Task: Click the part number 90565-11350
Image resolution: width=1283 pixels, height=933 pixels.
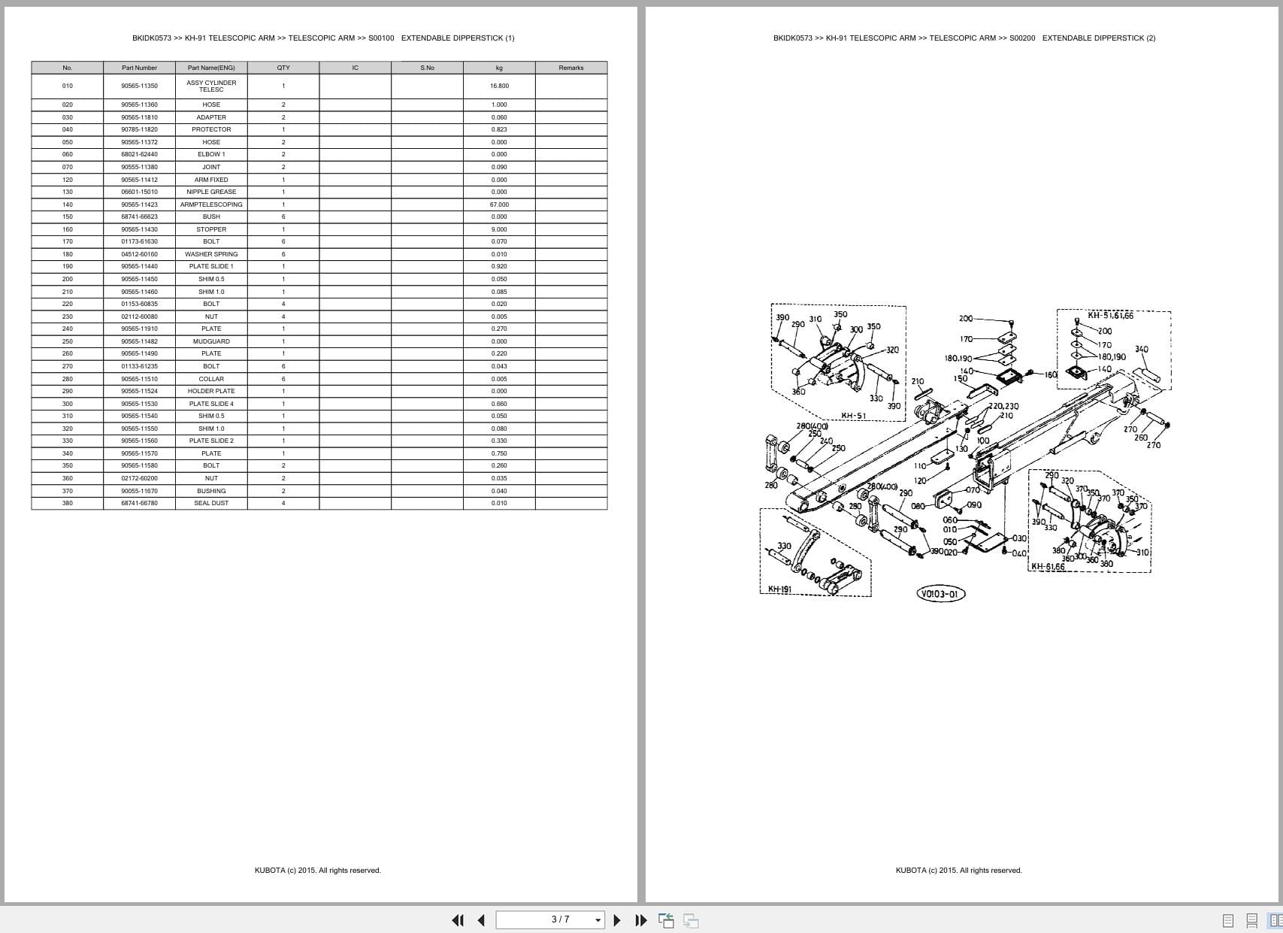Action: pos(139,86)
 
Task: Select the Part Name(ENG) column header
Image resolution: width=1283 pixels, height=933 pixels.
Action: pos(211,68)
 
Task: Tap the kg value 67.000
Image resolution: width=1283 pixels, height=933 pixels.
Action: pos(499,204)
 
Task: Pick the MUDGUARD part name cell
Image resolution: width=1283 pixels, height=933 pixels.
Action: pos(211,341)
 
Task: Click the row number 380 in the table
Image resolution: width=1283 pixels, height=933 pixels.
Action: pos(68,503)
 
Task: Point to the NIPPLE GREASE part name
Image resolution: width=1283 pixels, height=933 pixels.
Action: pos(211,192)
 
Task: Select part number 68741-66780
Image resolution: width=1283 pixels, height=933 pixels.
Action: pos(139,503)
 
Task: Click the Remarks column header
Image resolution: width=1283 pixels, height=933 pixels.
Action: pos(571,68)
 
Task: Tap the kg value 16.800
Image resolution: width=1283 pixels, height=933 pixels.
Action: pos(499,86)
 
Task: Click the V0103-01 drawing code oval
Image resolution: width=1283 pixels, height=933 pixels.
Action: pos(940,594)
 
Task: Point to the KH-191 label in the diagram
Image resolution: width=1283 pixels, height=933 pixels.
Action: pos(779,589)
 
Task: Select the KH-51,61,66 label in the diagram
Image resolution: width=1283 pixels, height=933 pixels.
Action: pos(1110,316)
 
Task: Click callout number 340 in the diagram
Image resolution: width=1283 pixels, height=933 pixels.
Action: pos(1141,350)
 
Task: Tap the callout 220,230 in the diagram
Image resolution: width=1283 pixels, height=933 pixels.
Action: pos(1003,406)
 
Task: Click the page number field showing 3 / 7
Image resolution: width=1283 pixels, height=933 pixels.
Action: pos(560,919)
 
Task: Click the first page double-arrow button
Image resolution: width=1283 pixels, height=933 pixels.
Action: pos(457,920)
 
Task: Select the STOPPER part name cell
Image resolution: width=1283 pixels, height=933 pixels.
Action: pos(211,229)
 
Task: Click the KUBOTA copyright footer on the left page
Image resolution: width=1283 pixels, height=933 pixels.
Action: pos(317,871)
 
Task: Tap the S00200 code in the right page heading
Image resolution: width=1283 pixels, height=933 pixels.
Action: pos(1022,38)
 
